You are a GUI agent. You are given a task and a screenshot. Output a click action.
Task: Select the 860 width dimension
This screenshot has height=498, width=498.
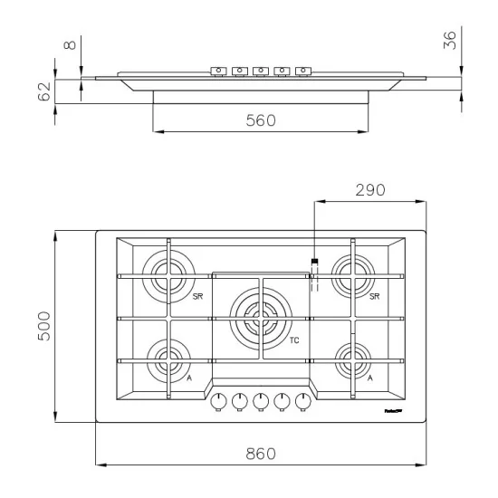[261, 454]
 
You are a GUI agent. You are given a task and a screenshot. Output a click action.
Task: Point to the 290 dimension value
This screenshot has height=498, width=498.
[369, 191]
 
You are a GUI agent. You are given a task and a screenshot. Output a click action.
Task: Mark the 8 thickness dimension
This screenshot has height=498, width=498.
[72, 43]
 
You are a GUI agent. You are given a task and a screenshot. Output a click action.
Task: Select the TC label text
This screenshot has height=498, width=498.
[295, 341]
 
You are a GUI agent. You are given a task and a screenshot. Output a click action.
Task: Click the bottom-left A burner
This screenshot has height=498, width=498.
[168, 360]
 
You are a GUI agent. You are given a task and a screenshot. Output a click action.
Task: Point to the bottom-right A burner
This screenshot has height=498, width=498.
[353, 360]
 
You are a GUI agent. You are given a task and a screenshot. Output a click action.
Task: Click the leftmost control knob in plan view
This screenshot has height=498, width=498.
[218, 400]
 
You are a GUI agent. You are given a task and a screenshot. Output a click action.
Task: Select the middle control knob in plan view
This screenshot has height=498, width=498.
[261, 400]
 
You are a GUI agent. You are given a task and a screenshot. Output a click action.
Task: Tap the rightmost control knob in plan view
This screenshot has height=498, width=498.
[302, 400]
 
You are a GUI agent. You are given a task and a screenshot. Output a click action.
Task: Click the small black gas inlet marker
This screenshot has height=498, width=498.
[314, 263]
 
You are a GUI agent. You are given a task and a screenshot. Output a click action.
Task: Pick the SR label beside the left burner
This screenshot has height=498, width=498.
[197, 296]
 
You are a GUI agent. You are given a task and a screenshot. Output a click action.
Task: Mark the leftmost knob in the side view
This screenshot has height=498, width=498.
[218, 70]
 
